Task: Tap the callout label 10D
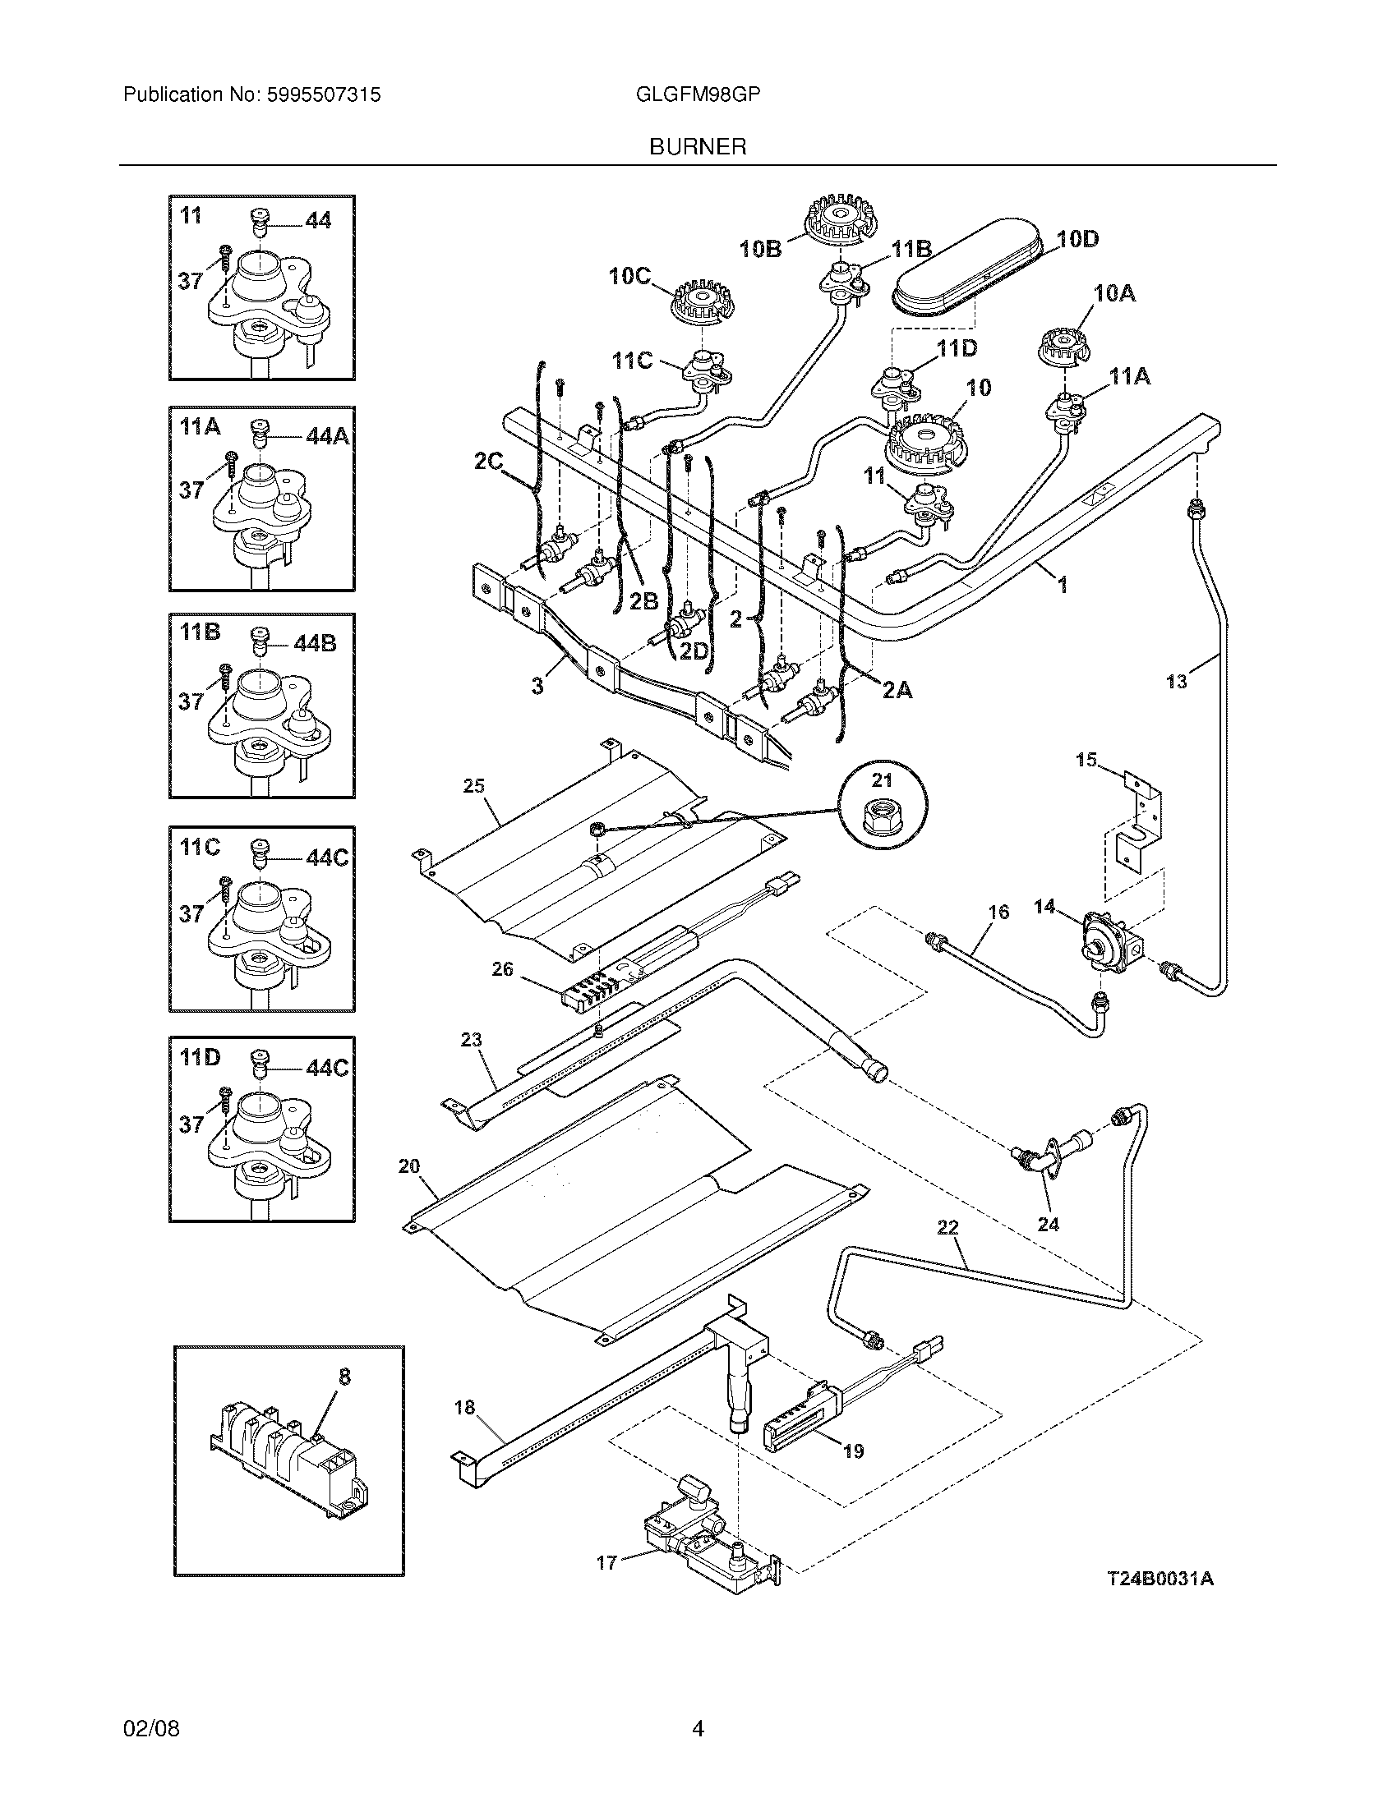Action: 1078,239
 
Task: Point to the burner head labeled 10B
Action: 837,218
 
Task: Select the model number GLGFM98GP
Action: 698,94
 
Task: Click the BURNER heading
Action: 698,146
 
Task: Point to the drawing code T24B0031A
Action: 1160,1578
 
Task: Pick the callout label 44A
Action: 328,436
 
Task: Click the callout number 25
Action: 473,785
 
